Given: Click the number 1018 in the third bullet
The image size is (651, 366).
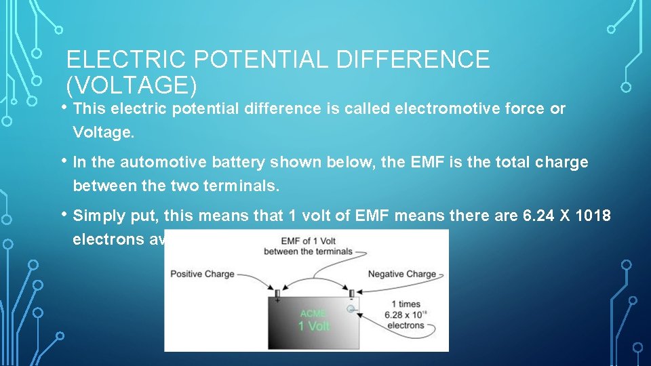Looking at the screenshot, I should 594,216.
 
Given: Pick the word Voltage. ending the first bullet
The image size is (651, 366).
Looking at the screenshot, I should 104,132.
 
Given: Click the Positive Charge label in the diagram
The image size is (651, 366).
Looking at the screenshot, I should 202,274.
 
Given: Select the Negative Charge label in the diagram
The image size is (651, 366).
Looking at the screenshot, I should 402,274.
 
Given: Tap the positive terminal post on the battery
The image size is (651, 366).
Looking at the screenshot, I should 277,293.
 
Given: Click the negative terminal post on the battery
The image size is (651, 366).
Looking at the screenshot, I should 351,293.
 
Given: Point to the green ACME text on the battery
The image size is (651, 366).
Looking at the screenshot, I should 313,313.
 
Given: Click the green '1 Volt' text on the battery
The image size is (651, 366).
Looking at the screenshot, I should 315,326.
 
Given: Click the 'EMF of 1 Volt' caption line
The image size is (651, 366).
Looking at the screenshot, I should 306,241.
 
